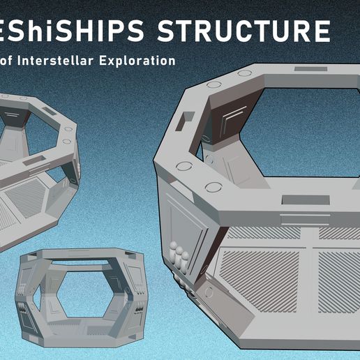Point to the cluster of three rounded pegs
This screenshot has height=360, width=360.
(179, 255)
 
